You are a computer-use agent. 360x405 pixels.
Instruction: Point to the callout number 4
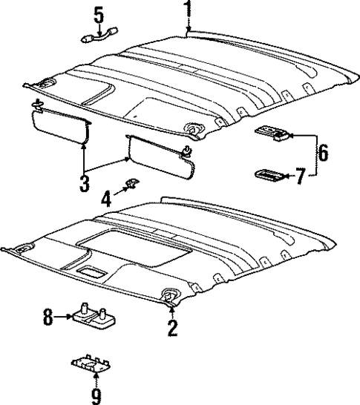click(x=107, y=198)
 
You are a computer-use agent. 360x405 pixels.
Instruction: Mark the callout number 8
click(x=48, y=318)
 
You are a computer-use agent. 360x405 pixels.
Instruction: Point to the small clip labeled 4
click(x=132, y=183)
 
